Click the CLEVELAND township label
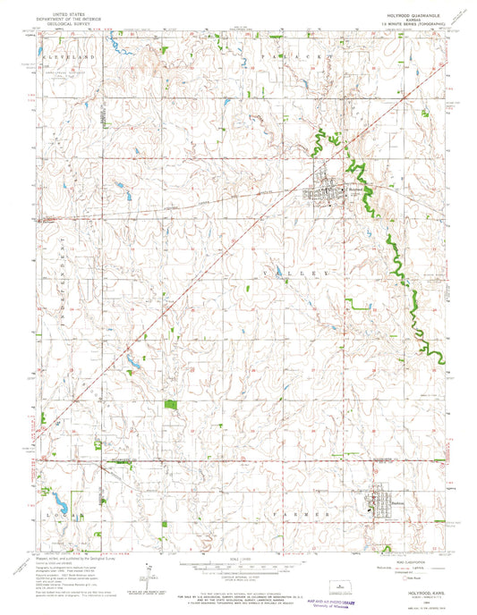(x=67, y=55)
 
